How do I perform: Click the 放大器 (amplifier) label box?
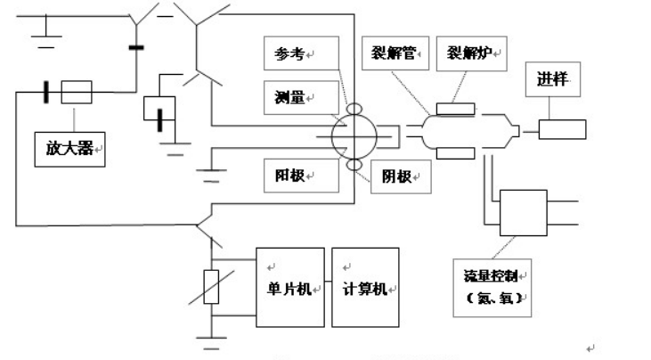point(69,144)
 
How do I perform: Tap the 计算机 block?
point(365,287)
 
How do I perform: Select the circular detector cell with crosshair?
point(354,138)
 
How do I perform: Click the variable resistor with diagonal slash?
point(210,284)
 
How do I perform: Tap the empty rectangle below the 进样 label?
point(562,128)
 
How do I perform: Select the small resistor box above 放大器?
point(77,92)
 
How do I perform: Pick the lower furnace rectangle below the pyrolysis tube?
point(456,152)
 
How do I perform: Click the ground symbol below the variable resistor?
point(210,340)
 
